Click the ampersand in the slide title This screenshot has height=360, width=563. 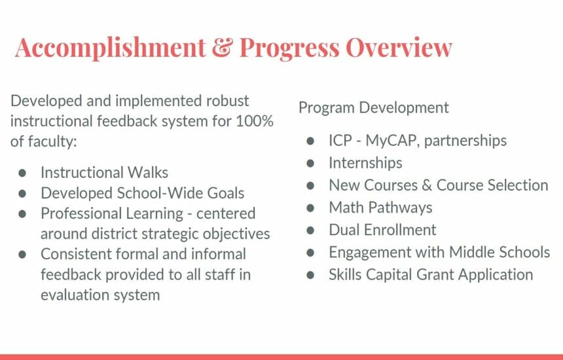[x=223, y=47]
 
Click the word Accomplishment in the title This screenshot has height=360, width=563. [x=110, y=48]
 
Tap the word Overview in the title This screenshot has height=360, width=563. [x=399, y=47]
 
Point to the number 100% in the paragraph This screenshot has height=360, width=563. [x=255, y=121]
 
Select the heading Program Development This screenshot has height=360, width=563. [x=373, y=108]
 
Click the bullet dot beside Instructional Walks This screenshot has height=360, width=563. [x=22, y=173]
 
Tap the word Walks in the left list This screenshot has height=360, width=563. [x=148, y=173]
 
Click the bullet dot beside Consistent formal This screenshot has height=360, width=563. [x=22, y=255]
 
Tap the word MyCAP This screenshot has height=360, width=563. [x=392, y=141]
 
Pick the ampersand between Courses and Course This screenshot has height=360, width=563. [x=427, y=185]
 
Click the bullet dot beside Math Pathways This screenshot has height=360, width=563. [x=310, y=207]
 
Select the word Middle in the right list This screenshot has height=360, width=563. [x=467, y=252]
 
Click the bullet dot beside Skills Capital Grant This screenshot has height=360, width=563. [x=310, y=275]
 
